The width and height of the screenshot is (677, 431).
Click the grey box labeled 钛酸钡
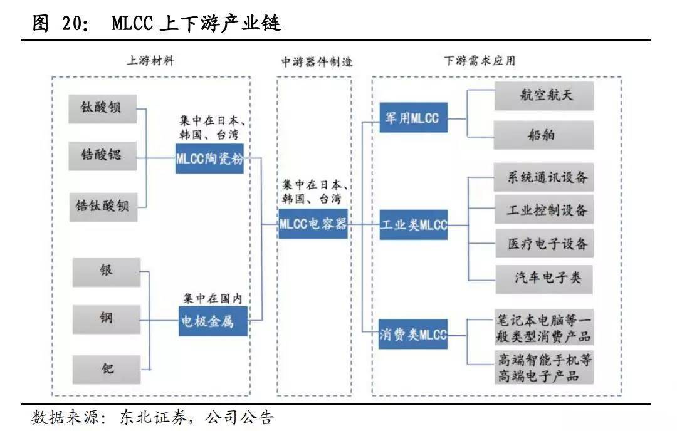coord(103,108)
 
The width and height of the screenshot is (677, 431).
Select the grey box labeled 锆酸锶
coord(103,155)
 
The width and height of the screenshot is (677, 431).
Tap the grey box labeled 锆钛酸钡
coord(103,205)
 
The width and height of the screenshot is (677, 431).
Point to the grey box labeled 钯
coord(107,368)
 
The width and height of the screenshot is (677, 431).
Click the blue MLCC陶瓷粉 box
coord(209,158)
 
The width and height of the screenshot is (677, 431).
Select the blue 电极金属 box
coord(213,321)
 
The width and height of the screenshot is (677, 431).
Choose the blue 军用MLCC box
coord(413,117)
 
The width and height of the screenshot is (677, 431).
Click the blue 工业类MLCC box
coord(413,224)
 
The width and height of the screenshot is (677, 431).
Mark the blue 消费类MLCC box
coord(413,335)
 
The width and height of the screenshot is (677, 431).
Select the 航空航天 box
coord(543,96)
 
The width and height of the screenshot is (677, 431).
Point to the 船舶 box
coord(543,134)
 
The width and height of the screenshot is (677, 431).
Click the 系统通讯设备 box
coord(543,177)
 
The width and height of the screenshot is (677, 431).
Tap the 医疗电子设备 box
coord(543,244)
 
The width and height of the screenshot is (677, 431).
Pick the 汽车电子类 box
coord(543,278)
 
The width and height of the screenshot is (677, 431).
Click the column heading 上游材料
coord(150,61)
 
